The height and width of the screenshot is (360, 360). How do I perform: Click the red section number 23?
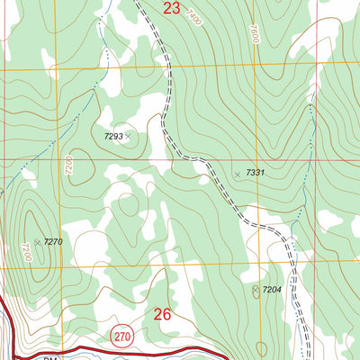171,9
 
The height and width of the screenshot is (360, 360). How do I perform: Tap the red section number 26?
163,314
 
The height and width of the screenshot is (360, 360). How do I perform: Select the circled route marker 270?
123,337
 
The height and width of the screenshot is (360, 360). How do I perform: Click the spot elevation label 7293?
112,136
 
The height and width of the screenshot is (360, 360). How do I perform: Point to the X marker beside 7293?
129,136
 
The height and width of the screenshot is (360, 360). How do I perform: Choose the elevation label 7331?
255,173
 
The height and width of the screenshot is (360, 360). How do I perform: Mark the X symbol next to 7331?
238,173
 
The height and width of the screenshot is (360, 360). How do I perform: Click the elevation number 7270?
53,241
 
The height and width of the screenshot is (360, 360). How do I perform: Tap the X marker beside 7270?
37,241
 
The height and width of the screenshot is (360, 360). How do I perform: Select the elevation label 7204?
273,290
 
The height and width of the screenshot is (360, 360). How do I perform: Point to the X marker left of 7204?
256,290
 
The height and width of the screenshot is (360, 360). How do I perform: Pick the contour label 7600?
255,37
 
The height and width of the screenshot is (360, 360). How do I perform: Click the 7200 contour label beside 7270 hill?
26,252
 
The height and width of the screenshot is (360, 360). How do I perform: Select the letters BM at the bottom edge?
49,357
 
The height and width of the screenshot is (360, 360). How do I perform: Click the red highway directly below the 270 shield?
123,350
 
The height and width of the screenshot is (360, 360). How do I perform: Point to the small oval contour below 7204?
261,348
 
